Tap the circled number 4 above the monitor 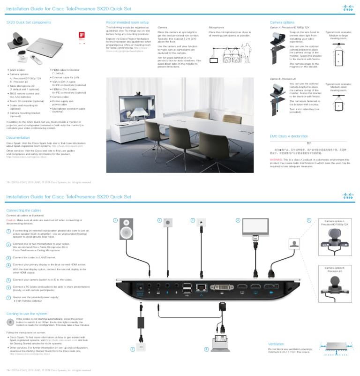(238, 220)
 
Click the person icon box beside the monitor (294, 244)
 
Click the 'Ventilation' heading (277, 344)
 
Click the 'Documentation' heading (18, 137)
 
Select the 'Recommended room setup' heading (127, 22)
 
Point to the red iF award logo (81, 35)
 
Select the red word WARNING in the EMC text (276, 159)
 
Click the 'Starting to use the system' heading (27, 314)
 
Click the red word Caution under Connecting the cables (11, 219)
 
